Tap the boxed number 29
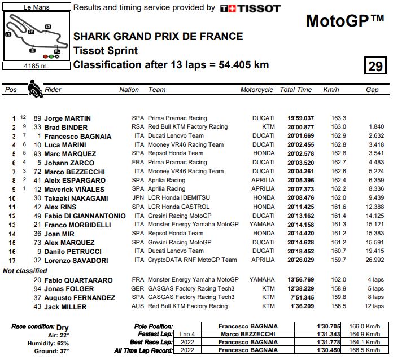point(375,66)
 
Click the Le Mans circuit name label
point(36,8)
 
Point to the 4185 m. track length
point(36,65)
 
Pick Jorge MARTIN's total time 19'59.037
point(300,118)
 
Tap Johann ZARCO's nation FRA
point(138,163)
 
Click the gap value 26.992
point(375,260)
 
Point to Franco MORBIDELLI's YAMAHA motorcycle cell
point(262,224)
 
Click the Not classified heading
point(25,271)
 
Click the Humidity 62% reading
point(54,343)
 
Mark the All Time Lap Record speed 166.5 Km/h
point(364,350)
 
